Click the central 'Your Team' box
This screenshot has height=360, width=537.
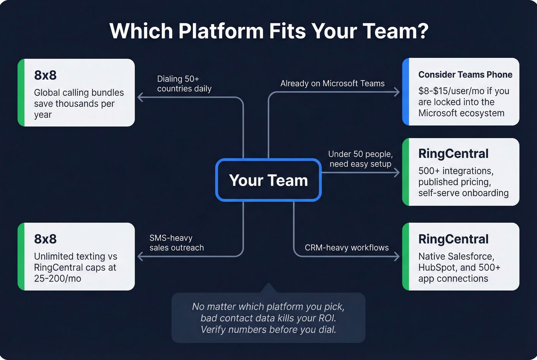click(268, 180)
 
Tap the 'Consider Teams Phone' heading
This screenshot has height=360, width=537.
click(465, 75)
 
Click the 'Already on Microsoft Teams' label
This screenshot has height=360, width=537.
click(332, 84)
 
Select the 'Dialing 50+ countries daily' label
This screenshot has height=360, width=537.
click(184, 84)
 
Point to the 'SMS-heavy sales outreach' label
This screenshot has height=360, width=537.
click(176, 243)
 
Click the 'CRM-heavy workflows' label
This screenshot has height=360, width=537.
click(346, 248)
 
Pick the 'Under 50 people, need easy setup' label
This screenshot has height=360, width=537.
click(360, 159)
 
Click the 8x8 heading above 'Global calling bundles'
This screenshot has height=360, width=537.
click(45, 75)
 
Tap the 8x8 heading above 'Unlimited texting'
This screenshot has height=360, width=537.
click(45, 239)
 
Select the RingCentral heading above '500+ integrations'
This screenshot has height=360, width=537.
click(453, 154)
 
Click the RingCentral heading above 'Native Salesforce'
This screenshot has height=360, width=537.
click(453, 239)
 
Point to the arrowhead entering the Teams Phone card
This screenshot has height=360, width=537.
click(397, 92)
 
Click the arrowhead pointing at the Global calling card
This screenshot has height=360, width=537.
click(140, 97)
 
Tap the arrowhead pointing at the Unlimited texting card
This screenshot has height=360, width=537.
click(140, 256)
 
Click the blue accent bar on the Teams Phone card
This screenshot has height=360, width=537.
click(405, 92)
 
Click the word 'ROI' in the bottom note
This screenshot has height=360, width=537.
click(327, 318)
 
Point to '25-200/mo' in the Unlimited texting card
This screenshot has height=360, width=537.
click(58, 279)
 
